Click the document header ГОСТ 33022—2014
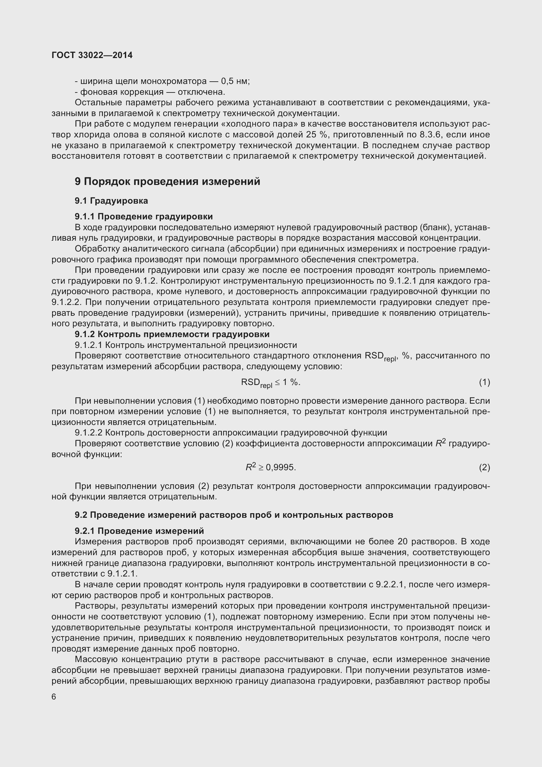[x=92, y=55]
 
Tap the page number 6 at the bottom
[x=54, y=697]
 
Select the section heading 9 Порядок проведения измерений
[x=167, y=182]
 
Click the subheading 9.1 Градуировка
[x=111, y=201]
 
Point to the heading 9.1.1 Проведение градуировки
[x=144, y=216]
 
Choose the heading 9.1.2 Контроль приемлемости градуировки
[x=172, y=334]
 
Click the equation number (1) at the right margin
[x=484, y=382]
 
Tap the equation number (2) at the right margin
[x=484, y=467]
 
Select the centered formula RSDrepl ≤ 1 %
[x=270, y=383]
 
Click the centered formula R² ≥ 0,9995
[x=271, y=467]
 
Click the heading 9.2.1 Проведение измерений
[x=139, y=531]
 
